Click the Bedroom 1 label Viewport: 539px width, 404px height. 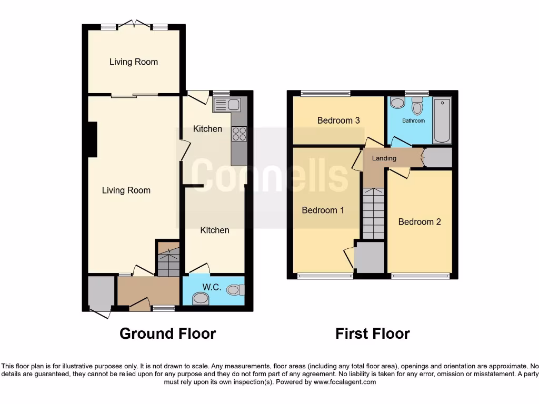tap(323, 210)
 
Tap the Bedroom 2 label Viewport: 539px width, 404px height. tap(420, 222)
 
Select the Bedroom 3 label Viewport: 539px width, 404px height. tap(338, 120)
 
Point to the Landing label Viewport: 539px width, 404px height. tap(384, 158)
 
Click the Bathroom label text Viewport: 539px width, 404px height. tap(413, 121)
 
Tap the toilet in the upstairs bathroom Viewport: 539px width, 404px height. tap(417, 107)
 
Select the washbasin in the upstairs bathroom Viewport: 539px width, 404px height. tap(398, 103)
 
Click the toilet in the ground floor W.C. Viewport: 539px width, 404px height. tap(235, 289)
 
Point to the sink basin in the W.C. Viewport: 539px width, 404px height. tap(200, 299)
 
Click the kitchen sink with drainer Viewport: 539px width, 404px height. tap(226, 105)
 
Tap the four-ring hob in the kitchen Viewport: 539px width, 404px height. tap(239, 134)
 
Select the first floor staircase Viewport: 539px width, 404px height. tap(373, 213)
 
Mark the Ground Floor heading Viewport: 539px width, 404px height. tap(167, 334)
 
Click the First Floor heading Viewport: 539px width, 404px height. tap(373, 334)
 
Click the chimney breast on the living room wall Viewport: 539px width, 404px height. tap(92, 139)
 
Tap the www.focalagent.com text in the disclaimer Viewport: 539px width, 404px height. tap(345, 382)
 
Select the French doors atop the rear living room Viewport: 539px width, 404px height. tap(134, 24)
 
